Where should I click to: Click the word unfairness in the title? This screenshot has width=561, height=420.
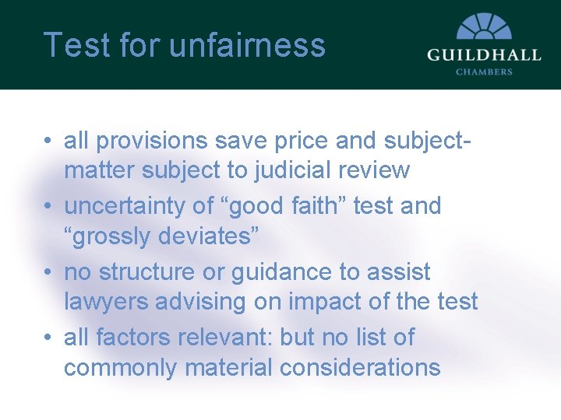[x=247, y=44]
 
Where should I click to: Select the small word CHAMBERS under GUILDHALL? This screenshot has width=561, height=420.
[x=483, y=72]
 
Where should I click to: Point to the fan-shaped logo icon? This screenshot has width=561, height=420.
[x=483, y=26]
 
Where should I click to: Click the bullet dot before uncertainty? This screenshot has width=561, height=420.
[x=48, y=207]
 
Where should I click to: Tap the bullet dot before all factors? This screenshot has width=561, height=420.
[x=48, y=338]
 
